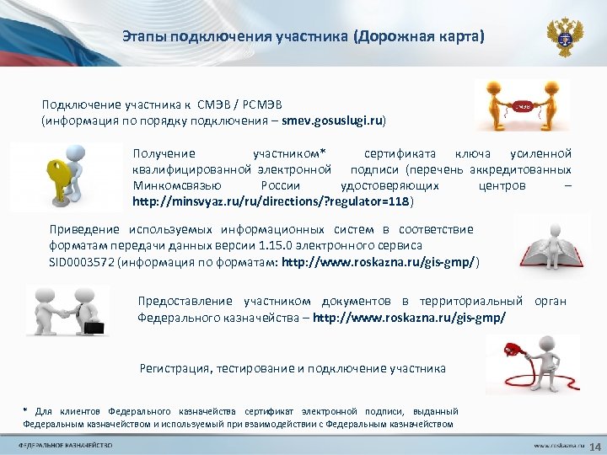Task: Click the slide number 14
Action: tap(593, 445)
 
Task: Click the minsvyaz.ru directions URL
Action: tap(271, 202)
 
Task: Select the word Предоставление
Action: tap(186, 301)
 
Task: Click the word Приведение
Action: tap(85, 229)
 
